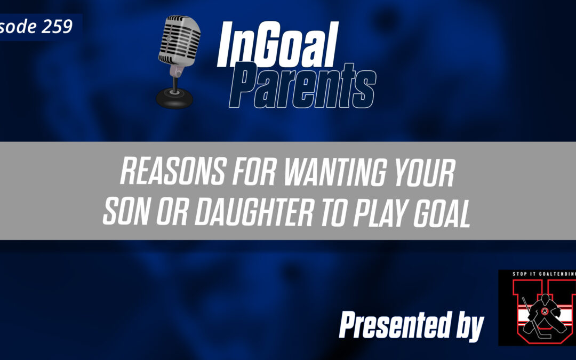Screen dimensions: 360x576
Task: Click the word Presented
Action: coord(397,325)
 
